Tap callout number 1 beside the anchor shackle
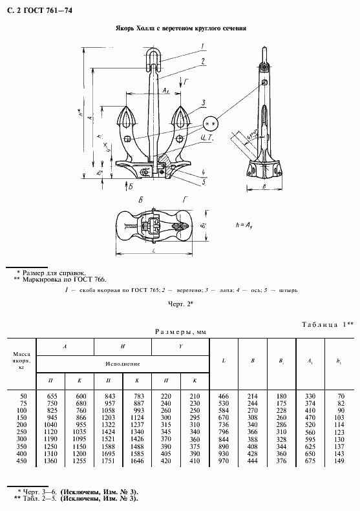pyautogui.click(x=202, y=45)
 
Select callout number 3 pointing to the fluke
pyautogui.click(x=202, y=103)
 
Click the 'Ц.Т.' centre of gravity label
pyautogui.click(x=207, y=138)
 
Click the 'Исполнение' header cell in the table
pyautogui.click(x=123, y=364)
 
